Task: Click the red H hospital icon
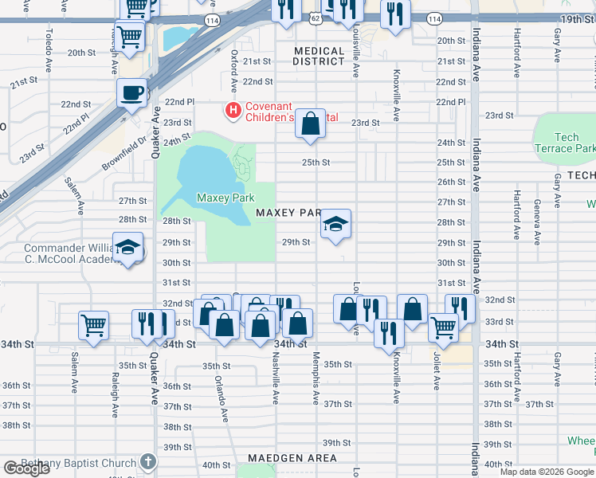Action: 233,110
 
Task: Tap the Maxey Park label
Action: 224,198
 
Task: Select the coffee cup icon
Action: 131,92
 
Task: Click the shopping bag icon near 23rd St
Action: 311,124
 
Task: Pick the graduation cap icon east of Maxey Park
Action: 335,225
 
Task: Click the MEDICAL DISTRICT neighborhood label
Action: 319,56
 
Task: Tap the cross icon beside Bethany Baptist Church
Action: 147,462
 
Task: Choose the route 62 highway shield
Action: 316,18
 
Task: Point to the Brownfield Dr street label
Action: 125,154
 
